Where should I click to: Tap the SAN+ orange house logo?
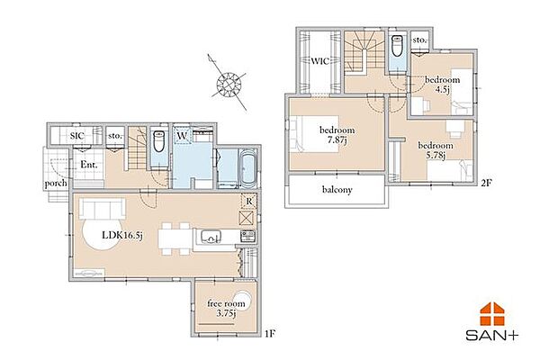click(x=492, y=314)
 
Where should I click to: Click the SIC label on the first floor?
click(x=76, y=136)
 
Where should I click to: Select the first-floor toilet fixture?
click(x=158, y=141)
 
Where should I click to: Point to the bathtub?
click(x=247, y=169)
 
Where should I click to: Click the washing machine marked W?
click(x=182, y=135)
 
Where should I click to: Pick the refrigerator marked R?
click(x=249, y=202)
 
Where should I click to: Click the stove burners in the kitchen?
click(x=247, y=236)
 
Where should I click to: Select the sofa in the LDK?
click(x=103, y=209)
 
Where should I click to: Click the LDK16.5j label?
click(x=122, y=235)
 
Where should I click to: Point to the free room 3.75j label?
click(x=226, y=309)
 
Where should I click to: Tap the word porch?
click(x=56, y=184)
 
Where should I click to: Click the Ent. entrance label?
click(x=89, y=165)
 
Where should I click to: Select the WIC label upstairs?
click(x=320, y=61)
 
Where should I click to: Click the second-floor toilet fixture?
click(x=397, y=46)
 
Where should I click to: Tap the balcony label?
click(x=337, y=190)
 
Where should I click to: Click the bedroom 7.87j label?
click(x=337, y=135)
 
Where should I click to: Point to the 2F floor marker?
click(x=486, y=183)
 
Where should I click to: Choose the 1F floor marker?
click(x=271, y=334)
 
